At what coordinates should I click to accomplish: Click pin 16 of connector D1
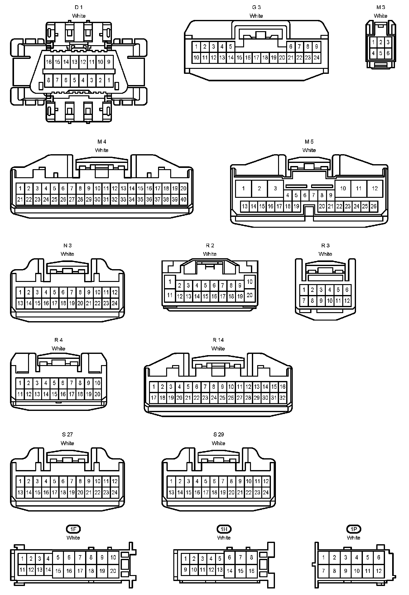tap(49, 62)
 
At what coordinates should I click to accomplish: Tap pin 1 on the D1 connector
tap(108, 80)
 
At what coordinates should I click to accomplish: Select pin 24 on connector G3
tap(316, 58)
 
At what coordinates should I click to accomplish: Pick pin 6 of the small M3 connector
tap(388, 53)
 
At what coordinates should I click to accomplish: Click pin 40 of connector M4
tap(183, 199)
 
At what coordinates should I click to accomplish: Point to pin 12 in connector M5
tap(375, 188)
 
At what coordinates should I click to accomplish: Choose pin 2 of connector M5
tap(259, 188)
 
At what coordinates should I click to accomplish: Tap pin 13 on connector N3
tap(20, 303)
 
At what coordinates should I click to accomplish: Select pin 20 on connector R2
tap(249, 295)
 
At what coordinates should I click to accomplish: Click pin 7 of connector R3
tap(304, 301)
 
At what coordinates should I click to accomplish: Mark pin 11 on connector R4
tap(20, 394)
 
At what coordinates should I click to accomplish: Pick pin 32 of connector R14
tap(282, 398)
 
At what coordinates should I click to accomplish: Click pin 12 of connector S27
tap(115, 481)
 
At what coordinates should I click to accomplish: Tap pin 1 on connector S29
tap(171, 481)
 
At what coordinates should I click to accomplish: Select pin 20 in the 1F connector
tap(113, 571)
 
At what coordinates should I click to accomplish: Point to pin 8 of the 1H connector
tap(251, 557)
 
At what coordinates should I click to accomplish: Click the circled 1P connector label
tap(354, 529)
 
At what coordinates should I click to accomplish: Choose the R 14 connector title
tap(218, 340)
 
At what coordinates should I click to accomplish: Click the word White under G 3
tap(256, 16)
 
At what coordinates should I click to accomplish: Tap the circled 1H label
tap(224, 529)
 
